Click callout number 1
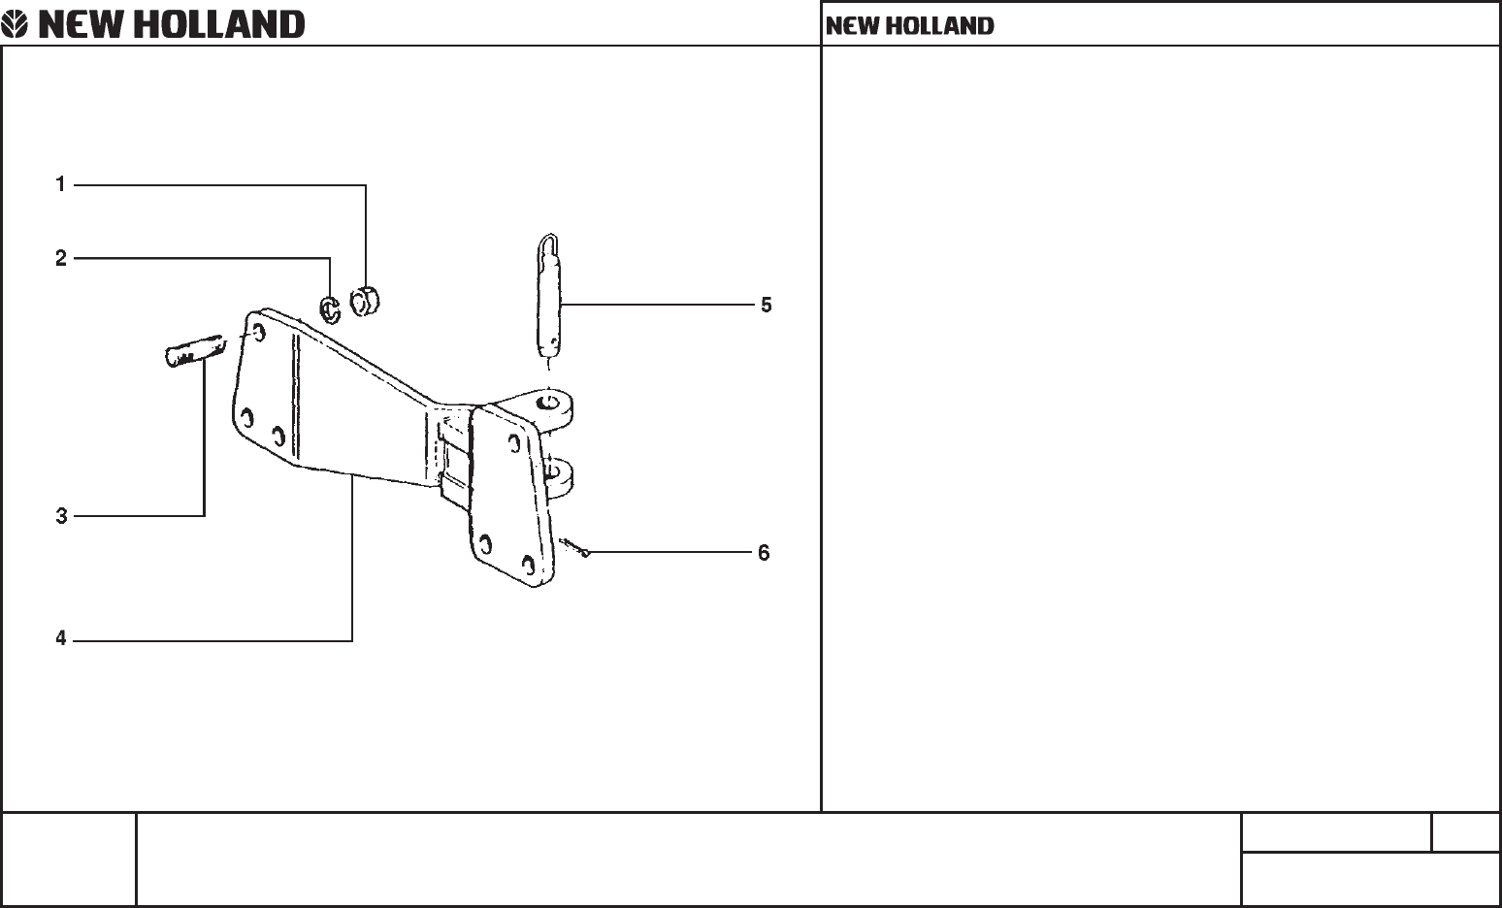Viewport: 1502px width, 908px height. (x=60, y=183)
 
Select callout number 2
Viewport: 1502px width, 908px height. (x=61, y=258)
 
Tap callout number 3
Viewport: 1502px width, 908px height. (x=62, y=516)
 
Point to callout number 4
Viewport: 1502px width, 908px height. (x=61, y=638)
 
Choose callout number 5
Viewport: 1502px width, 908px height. (x=767, y=306)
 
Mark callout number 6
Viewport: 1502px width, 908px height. (x=764, y=553)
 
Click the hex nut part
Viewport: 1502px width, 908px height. (x=365, y=301)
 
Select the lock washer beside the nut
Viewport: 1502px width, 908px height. (x=330, y=308)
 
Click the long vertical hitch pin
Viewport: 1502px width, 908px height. (x=548, y=296)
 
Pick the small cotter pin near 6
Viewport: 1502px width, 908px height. (x=574, y=547)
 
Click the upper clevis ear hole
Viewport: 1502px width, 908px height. (x=548, y=403)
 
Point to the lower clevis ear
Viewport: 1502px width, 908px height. (x=558, y=477)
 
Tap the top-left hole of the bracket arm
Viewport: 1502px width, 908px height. (x=258, y=332)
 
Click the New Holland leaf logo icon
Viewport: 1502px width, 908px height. (x=15, y=24)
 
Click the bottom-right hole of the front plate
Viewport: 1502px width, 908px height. (x=529, y=566)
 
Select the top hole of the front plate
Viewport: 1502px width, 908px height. (x=514, y=443)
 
